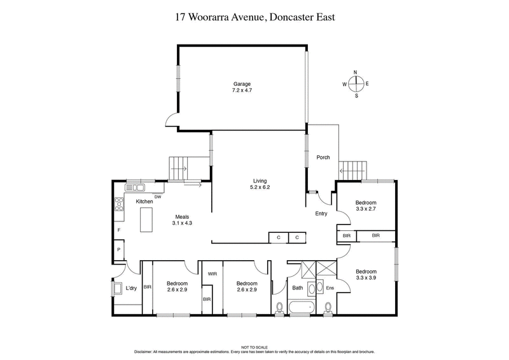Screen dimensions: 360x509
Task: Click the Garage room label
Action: [x=241, y=84]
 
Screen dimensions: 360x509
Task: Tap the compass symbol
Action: [x=356, y=84]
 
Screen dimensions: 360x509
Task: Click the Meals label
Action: [x=182, y=216]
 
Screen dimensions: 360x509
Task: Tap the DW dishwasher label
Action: [x=157, y=197]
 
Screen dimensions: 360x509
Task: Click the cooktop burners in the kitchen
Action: [x=118, y=205]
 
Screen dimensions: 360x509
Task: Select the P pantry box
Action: [x=118, y=251]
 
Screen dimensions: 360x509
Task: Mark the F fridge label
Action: [x=118, y=230]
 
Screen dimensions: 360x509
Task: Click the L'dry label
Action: [x=131, y=288]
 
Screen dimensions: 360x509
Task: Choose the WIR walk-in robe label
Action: [x=213, y=274]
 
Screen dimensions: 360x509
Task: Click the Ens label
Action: [x=330, y=288]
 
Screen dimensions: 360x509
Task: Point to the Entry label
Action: [x=321, y=214]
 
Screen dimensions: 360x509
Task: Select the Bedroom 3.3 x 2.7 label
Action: [x=366, y=205]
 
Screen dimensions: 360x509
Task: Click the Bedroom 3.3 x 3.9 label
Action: [x=366, y=275]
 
